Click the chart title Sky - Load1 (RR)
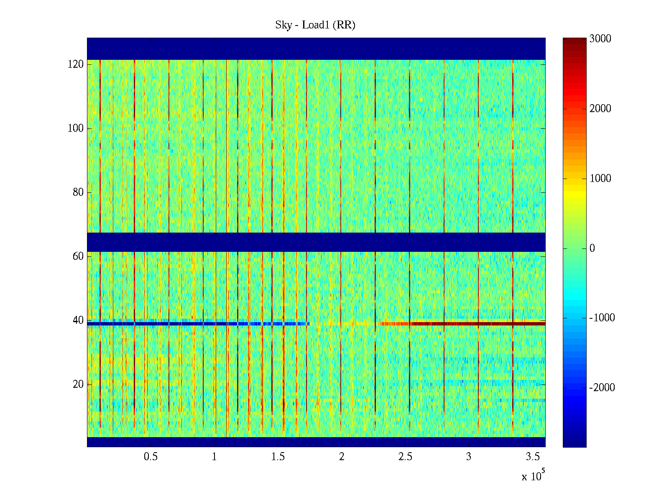click(315, 25)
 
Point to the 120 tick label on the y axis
click(76, 64)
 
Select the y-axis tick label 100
click(76, 128)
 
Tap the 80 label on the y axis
click(78, 192)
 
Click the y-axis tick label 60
click(78, 256)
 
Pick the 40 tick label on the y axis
click(78, 320)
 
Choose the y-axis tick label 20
click(78, 384)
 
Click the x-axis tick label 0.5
click(151, 457)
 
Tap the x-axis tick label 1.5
click(278, 457)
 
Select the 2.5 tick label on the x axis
click(405, 457)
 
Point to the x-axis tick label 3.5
click(532, 457)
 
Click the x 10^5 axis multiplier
click(533, 476)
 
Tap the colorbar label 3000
click(600, 39)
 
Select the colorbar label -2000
click(602, 388)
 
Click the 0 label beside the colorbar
click(592, 248)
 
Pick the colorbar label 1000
click(600, 179)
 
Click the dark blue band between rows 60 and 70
click(316, 242)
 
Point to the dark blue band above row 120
click(316, 49)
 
